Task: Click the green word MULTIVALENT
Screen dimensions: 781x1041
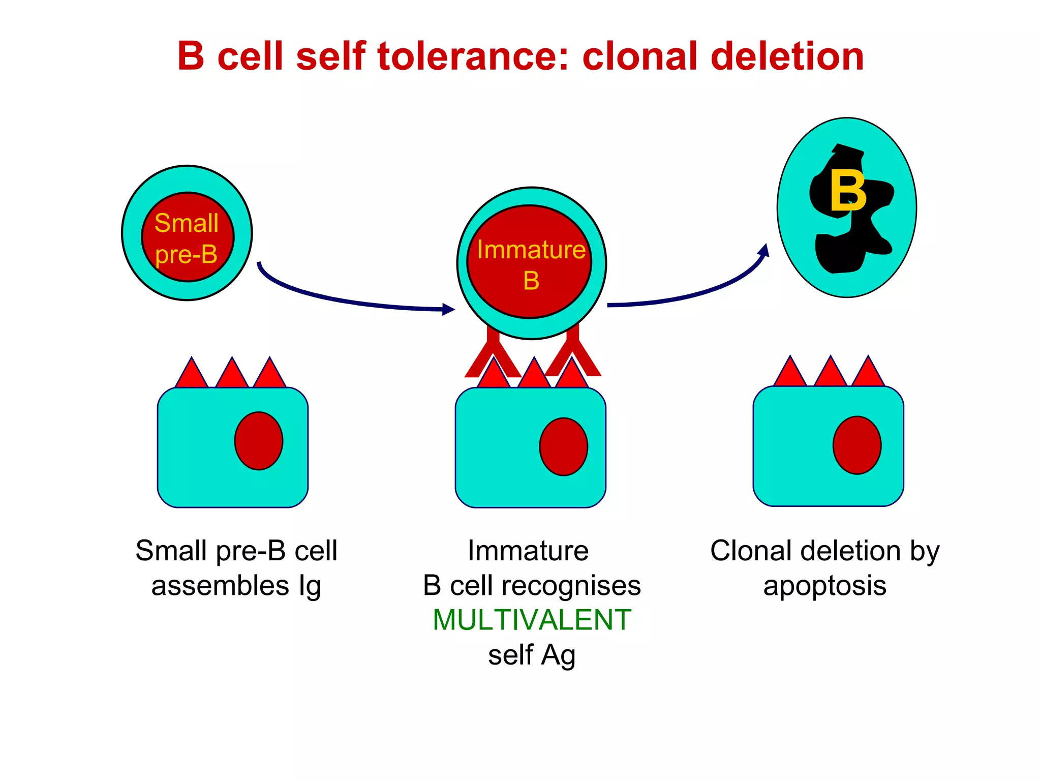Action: tap(532, 620)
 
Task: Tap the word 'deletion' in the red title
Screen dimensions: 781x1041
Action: tap(787, 56)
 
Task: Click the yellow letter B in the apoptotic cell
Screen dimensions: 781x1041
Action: tap(847, 192)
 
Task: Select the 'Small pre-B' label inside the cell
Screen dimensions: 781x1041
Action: tap(187, 238)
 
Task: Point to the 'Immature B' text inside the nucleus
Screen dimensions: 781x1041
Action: tap(531, 264)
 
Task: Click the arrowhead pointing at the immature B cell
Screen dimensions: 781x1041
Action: tap(448, 309)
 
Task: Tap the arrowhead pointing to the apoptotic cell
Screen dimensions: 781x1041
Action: tap(764, 250)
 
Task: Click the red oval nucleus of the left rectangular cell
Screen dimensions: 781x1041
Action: tap(259, 441)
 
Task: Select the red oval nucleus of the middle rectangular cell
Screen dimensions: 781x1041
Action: tap(564, 446)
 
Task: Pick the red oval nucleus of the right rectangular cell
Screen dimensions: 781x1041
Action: tap(857, 445)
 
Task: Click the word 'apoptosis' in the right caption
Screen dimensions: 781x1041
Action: tap(824, 586)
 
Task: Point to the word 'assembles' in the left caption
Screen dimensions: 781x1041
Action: tap(220, 585)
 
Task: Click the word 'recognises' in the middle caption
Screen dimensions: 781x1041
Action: tap(571, 586)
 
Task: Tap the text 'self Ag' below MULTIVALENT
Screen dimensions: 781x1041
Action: tap(532, 655)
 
